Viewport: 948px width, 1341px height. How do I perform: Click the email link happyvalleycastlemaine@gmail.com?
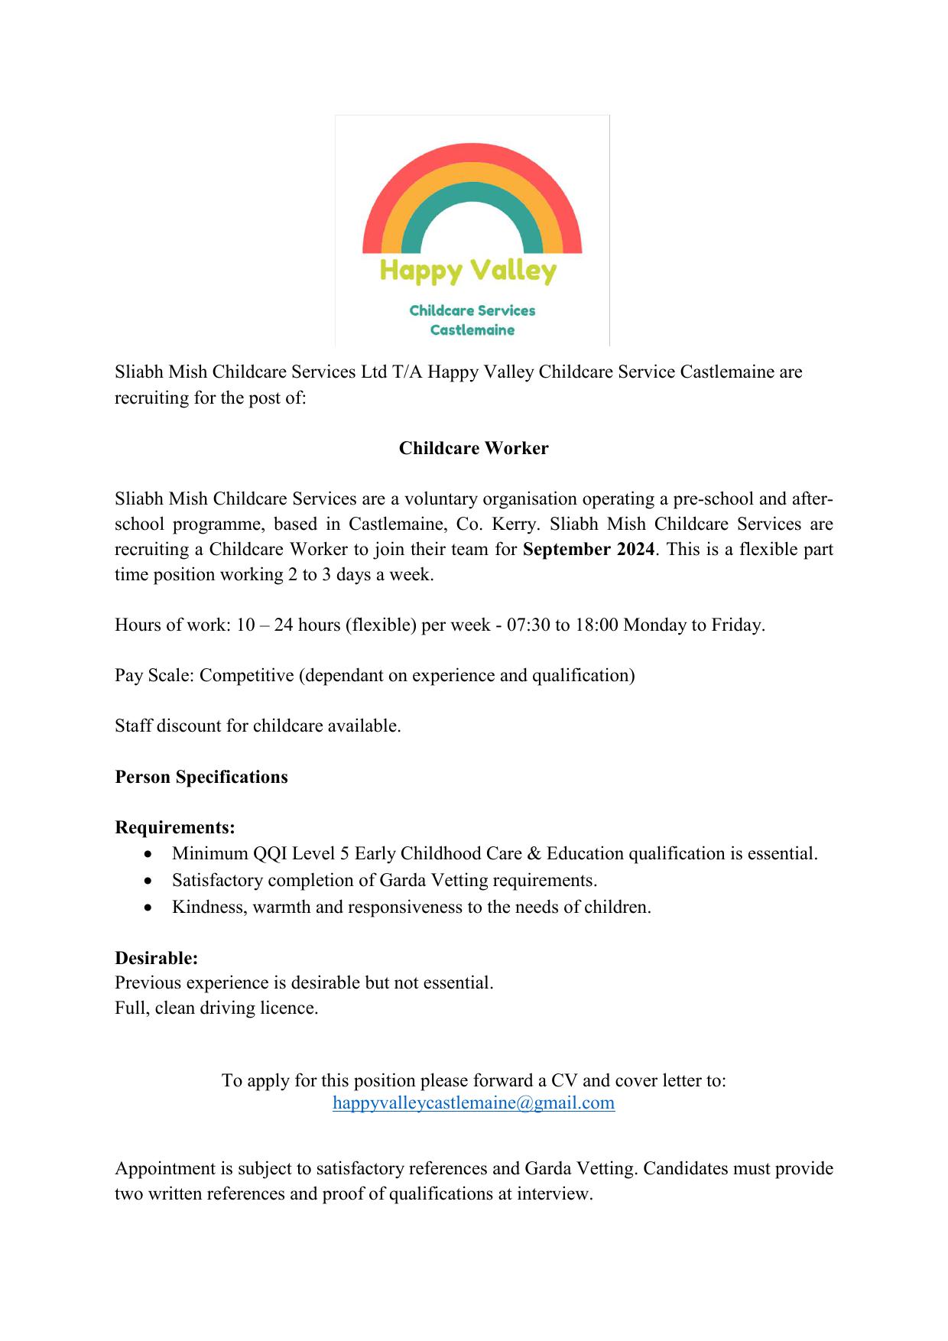tap(473, 1102)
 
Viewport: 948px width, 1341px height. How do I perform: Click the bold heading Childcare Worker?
tap(473, 448)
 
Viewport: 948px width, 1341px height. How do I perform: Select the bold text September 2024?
tap(589, 549)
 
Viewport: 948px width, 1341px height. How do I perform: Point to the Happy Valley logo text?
tap(468, 271)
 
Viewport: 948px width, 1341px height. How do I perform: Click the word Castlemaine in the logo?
tap(472, 330)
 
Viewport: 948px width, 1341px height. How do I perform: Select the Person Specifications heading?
tap(201, 777)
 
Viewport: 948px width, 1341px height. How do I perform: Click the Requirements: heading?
tap(174, 827)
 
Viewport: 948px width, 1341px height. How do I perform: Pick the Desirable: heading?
tap(156, 958)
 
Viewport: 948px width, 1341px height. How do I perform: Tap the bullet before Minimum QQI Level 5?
tap(148, 854)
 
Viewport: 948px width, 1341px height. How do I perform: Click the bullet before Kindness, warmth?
tap(148, 908)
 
